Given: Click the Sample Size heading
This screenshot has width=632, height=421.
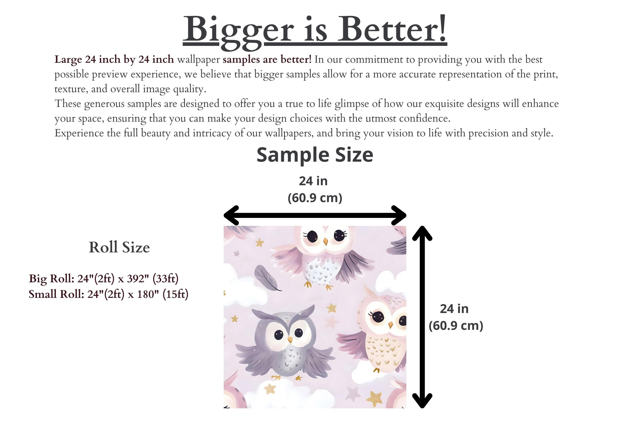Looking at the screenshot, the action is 315,155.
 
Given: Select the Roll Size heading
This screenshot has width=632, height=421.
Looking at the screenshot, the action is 119,247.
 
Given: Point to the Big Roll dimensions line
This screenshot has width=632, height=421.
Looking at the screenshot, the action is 103,279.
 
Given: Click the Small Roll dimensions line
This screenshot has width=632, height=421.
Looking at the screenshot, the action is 108,294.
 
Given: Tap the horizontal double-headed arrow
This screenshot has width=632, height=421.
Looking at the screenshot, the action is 315,215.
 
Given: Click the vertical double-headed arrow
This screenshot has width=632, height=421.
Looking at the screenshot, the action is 422,317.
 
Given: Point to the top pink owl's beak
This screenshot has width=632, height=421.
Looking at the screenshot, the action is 326,241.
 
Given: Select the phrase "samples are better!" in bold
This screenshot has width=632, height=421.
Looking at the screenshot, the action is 267,59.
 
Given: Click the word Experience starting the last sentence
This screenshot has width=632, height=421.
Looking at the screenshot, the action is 79,133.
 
